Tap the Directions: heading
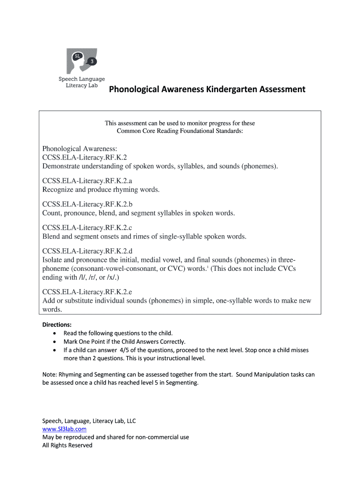pos(57,325)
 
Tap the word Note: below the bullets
pos(49,375)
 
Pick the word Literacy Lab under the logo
pos(79,87)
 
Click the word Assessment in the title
pos(280,89)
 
